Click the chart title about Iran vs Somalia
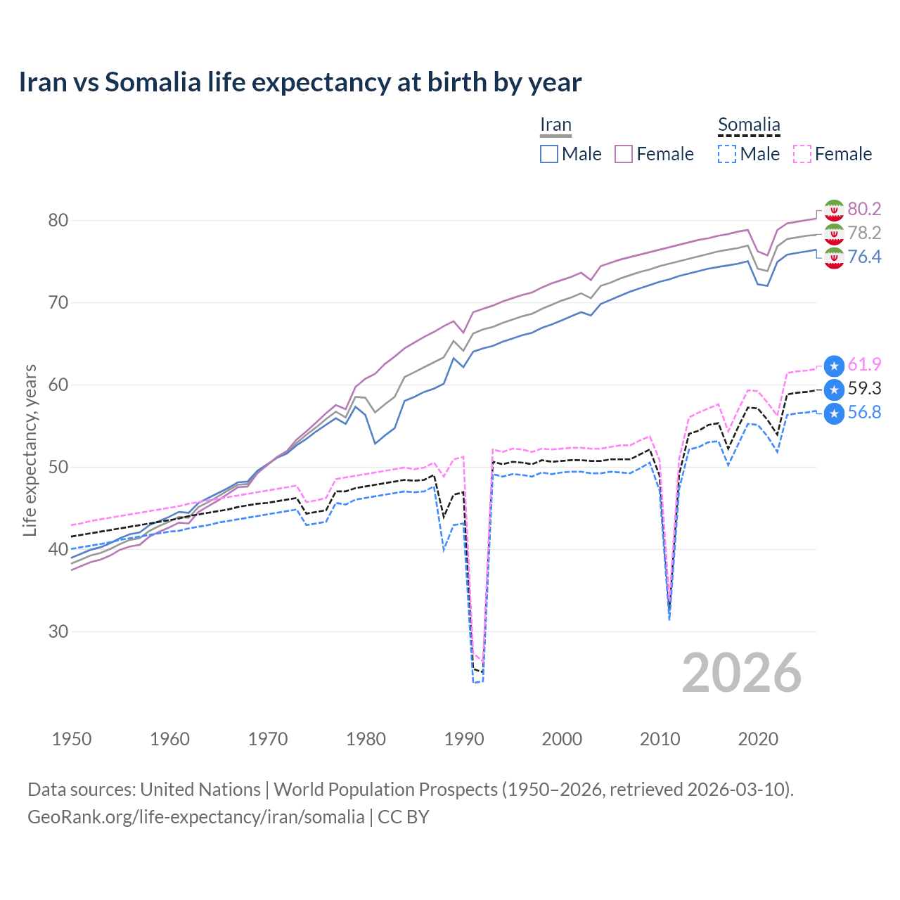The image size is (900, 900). tap(300, 82)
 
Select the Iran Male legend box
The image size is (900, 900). tap(549, 154)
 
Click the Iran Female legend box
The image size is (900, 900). tap(624, 154)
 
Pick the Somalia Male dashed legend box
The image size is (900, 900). tap(727, 154)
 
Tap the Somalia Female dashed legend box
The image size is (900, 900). tap(802, 154)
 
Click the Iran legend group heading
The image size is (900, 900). tap(555, 125)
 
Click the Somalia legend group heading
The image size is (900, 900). tap(749, 125)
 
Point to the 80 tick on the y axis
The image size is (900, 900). tap(58, 221)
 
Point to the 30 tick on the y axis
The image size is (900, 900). tap(58, 631)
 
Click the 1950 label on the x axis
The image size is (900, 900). tap(72, 739)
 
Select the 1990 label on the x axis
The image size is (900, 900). tap(464, 739)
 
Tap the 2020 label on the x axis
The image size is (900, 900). tap(758, 739)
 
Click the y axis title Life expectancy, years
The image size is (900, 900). tap(30, 450)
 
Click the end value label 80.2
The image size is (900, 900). tap(864, 209)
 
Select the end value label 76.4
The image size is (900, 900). tap(864, 257)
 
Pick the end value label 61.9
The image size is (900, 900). tap(864, 364)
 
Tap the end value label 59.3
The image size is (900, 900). tap(864, 388)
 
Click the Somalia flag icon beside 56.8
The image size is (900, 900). tap(834, 413)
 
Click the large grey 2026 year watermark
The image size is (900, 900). tap(742, 673)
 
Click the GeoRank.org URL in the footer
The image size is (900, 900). tap(195, 817)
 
